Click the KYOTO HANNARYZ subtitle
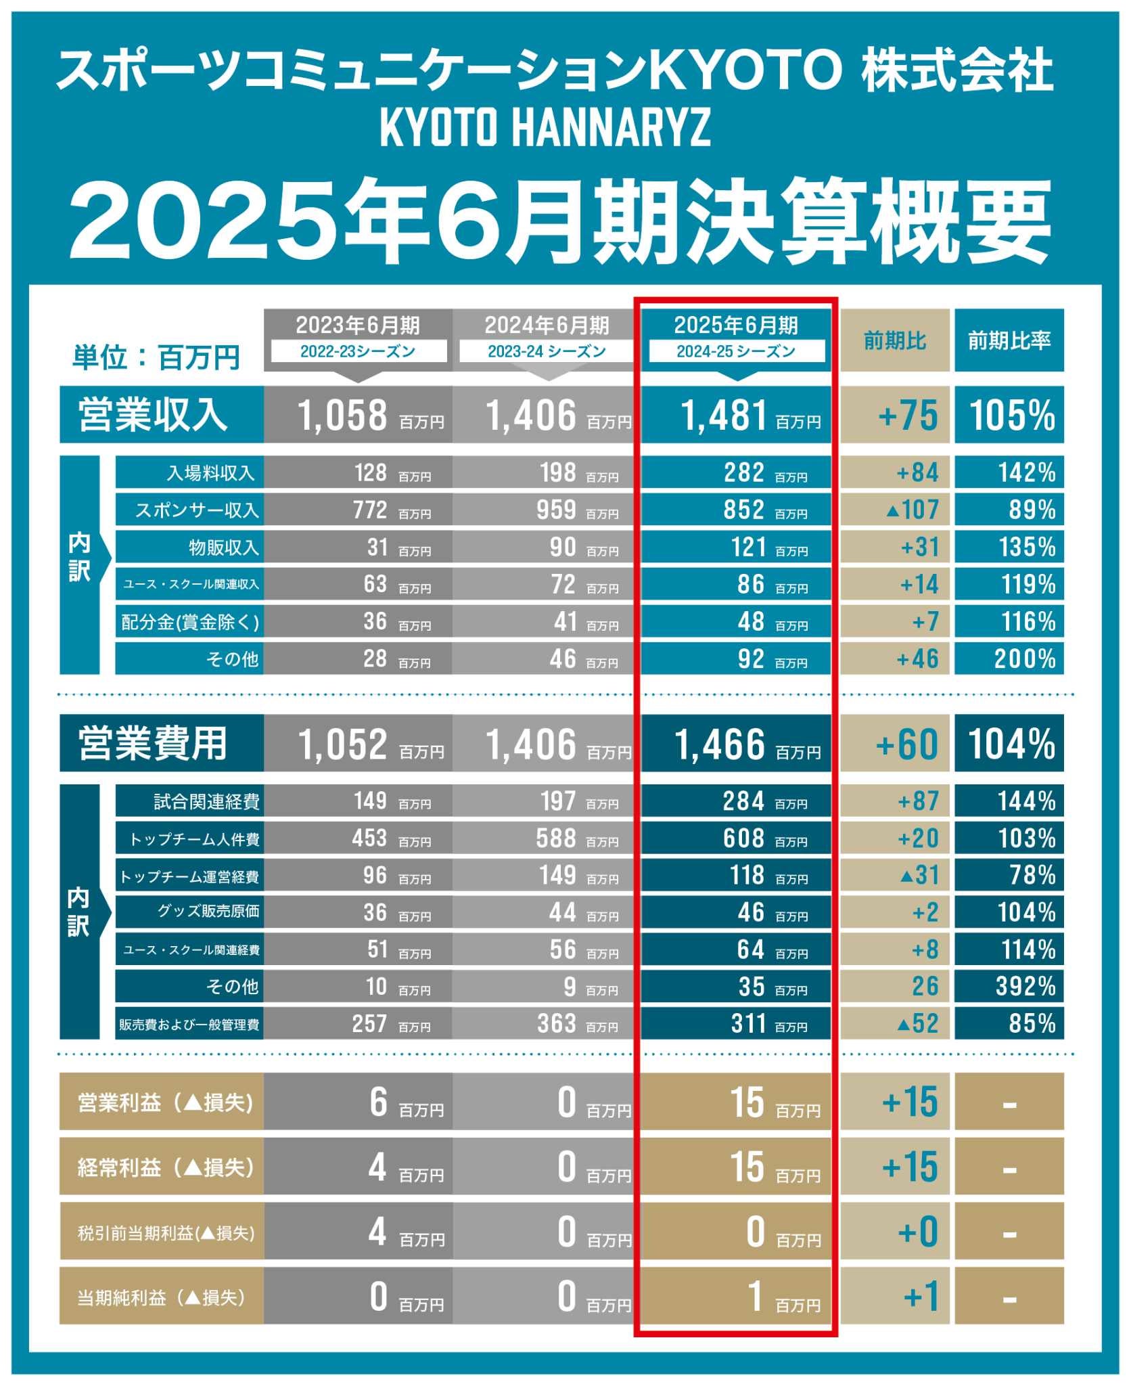545,127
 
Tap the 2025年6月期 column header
736,326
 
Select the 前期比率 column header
1009,340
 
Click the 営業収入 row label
153,415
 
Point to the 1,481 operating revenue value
724,415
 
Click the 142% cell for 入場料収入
1026,472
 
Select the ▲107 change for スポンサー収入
913,510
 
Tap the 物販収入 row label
223,547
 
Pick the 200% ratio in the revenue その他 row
1024,658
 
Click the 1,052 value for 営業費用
343,744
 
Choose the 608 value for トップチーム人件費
743,839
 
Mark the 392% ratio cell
1025,987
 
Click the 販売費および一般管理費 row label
189,1024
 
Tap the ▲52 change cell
918,1023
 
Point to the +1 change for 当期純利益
921,1297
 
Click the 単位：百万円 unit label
156,357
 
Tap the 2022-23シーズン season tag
358,351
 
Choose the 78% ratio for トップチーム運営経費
1032,876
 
